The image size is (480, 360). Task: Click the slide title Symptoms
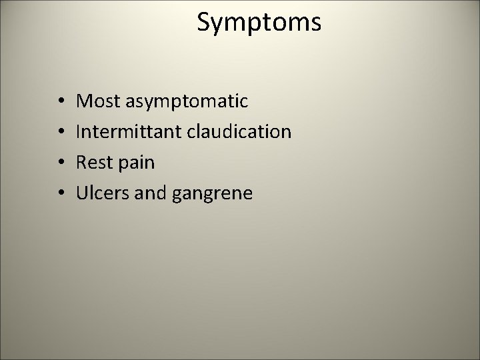[x=259, y=23]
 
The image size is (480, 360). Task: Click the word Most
[x=95, y=101]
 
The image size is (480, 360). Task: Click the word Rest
[x=93, y=163]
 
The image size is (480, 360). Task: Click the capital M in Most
[x=84, y=101]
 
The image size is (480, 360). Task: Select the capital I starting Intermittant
[x=79, y=132]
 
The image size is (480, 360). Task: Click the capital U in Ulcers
[x=83, y=193]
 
